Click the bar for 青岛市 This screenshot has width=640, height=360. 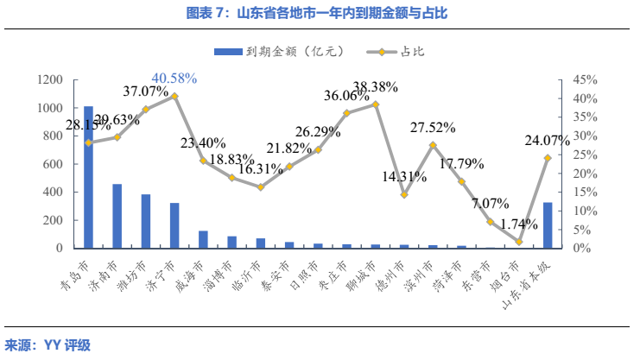88,177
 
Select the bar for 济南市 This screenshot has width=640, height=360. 117,216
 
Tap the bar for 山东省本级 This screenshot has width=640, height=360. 548,225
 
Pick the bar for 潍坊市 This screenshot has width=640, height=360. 146,221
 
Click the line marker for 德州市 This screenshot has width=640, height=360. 404,194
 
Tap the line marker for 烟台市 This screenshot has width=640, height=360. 519,242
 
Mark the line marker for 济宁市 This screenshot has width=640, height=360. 174,96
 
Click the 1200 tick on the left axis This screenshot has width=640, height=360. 50,80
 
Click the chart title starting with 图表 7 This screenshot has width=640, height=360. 320,13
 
